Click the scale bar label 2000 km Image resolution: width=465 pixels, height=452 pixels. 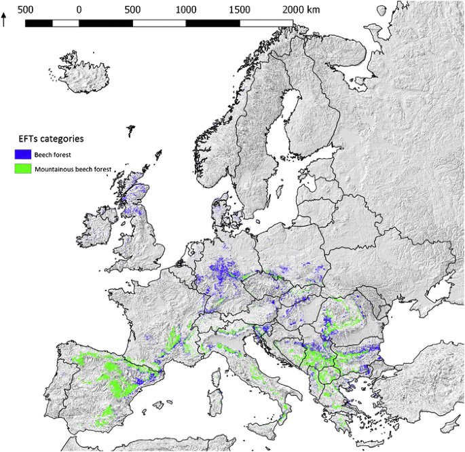tap(301, 9)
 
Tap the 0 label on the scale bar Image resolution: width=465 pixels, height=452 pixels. tap(79, 9)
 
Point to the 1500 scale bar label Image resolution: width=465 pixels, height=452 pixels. tap(240, 9)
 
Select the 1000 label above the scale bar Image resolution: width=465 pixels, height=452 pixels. tap(185, 9)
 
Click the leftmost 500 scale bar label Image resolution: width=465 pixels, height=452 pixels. tap(26, 9)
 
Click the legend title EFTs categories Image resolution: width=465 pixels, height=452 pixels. tap(51, 138)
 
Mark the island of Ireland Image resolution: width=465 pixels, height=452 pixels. tap(96, 227)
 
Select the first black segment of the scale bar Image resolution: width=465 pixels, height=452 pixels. tap(39, 23)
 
